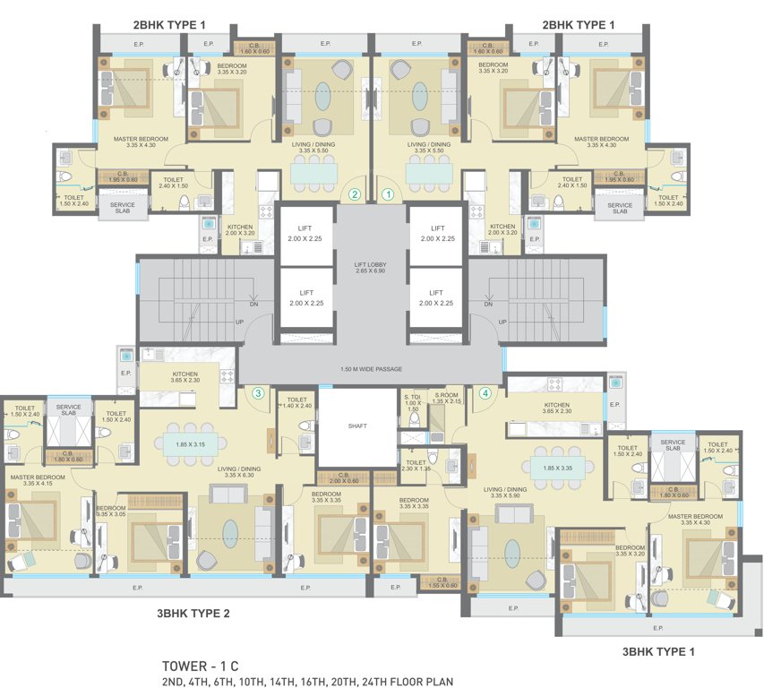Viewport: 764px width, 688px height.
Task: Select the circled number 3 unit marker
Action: pos(258,392)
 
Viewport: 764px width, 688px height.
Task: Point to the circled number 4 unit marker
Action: pos(485,392)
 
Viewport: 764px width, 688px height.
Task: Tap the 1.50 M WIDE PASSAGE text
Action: pos(372,368)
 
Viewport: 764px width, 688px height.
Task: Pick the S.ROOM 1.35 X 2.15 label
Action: pos(445,399)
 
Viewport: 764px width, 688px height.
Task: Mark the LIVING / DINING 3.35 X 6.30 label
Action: pos(237,471)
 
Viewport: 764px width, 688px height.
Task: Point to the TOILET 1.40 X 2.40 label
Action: pos(297,402)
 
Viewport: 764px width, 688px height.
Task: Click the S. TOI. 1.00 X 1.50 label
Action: pos(413,402)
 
